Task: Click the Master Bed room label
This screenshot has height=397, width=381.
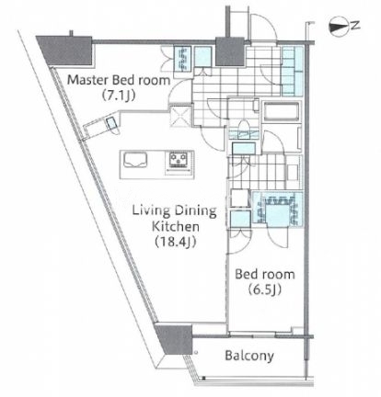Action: point(119,80)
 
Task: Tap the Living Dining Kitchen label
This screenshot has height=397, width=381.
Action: point(175,219)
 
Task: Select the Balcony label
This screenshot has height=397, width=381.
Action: point(249,356)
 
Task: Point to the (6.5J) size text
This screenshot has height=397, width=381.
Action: point(264,289)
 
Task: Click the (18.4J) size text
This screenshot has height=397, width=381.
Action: point(175,242)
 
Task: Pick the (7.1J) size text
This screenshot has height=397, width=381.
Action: point(118,96)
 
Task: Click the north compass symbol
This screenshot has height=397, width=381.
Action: point(339,27)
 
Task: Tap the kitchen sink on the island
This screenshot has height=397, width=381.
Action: point(135,160)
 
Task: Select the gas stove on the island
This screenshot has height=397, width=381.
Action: point(179,160)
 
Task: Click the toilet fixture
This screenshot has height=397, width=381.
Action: point(245,128)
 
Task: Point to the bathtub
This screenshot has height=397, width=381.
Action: point(282,112)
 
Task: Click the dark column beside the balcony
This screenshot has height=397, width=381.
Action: point(174,338)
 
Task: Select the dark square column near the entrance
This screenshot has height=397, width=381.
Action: point(230,51)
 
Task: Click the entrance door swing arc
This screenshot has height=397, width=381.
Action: point(264,26)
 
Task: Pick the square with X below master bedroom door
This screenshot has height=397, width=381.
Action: point(180,116)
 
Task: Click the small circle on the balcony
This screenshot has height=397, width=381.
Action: point(196,353)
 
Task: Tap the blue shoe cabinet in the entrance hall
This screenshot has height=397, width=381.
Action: point(292,71)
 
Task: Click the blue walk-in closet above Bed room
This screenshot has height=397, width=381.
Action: point(278,209)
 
